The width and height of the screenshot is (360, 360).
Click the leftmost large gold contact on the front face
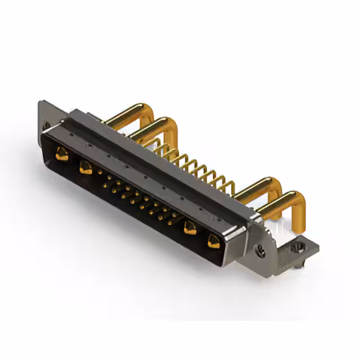click(x=62, y=153)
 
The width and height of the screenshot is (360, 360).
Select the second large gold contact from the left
click(x=85, y=166)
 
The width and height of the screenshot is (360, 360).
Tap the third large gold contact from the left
click(x=190, y=227)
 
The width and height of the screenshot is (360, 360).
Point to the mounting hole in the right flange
click(x=260, y=251)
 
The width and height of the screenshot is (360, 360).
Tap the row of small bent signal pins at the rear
click(x=197, y=166)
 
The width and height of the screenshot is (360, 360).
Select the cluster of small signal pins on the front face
click(x=138, y=200)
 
